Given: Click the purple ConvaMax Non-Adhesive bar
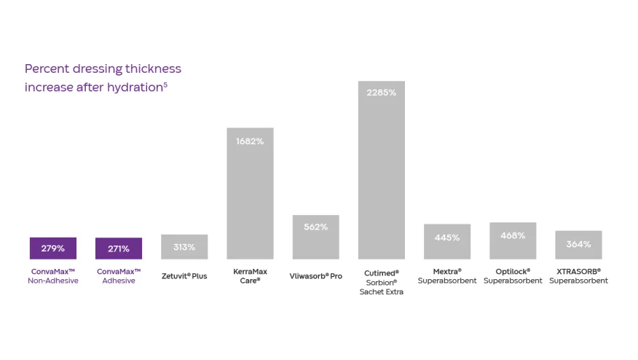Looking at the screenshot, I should [52, 249].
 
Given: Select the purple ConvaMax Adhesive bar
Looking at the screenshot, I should [118, 249].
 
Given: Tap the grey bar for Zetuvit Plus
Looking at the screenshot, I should [184, 247].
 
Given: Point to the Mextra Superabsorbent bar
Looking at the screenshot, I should [447, 242].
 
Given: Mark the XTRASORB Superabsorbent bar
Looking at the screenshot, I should [578, 245].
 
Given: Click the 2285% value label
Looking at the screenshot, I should [381, 93].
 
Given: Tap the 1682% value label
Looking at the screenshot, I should [250, 141].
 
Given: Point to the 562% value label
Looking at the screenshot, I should [315, 227].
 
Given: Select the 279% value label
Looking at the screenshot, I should [52, 249].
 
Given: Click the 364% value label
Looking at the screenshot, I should [578, 244].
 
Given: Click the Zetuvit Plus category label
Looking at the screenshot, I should [184, 276].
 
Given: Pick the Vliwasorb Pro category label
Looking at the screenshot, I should [315, 276].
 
